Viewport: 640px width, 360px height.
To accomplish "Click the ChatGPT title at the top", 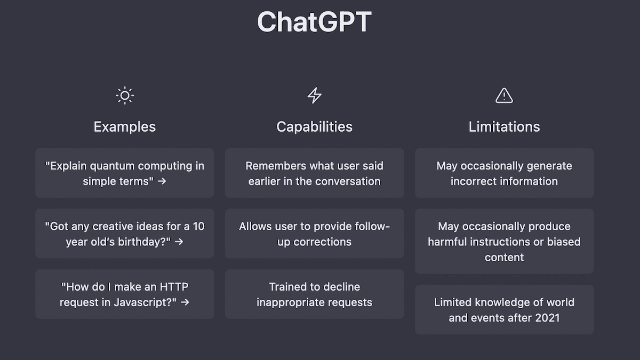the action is pyautogui.click(x=314, y=22).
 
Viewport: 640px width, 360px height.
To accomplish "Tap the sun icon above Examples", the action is pyautogui.click(x=125, y=95).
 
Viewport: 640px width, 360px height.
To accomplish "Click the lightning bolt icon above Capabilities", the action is pyautogui.click(x=315, y=95).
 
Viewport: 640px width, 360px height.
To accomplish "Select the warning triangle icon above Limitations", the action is pyautogui.click(x=504, y=95).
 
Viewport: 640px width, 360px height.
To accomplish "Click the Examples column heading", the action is pyautogui.click(x=125, y=127).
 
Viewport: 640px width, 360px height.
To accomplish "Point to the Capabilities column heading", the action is pyautogui.click(x=314, y=127).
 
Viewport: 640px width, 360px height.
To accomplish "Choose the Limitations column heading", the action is pyautogui.click(x=504, y=127).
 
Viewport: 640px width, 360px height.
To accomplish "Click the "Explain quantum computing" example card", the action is pyautogui.click(x=125, y=173).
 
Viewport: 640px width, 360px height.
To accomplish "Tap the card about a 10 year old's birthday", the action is pyautogui.click(x=125, y=234).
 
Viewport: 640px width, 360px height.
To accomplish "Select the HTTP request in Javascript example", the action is pyautogui.click(x=125, y=294).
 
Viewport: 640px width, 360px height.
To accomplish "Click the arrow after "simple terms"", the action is pyautogui.click(x=162, y=181).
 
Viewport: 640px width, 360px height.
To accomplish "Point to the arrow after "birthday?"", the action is pyautogui.click(x=179, y=242).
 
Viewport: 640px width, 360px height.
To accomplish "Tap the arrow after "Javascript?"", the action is pyautogui.click(x=185, y=302).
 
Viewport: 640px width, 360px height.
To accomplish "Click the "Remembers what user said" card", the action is pyautogui.click(x=314, y=173).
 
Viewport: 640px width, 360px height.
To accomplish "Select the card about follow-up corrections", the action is pyautogui.click(x=314, y=234).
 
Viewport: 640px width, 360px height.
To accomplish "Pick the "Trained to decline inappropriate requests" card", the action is pyautogui.click(x=314, y=294).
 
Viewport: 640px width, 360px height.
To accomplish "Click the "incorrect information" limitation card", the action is pyautogui.click(x=504, y=173).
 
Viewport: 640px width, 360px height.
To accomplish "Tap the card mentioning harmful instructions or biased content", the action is pyautogui.click(x=504, y=241).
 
